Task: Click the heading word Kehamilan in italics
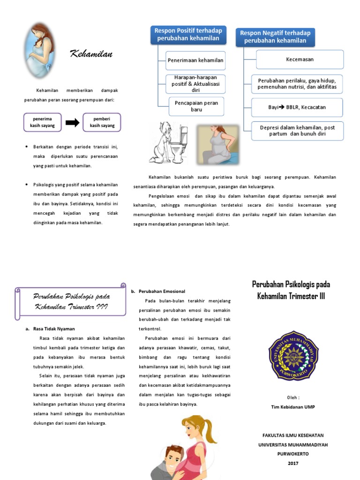(x=91, y=54)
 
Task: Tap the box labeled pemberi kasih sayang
(x=101, y=122)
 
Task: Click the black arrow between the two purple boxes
(x=72, y=123)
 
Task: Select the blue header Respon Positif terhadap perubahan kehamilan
(x=188, y=34)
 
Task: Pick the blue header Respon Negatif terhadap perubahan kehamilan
(x=275, y=37)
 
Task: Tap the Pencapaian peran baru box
(x=196, y=106)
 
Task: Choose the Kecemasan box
(x=300, y=60)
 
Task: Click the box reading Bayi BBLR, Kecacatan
(x=297, y=107)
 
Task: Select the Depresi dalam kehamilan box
(x=297, y=130)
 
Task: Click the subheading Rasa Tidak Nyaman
(x=54, y=329)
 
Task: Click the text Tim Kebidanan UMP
(x=293, y=407)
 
